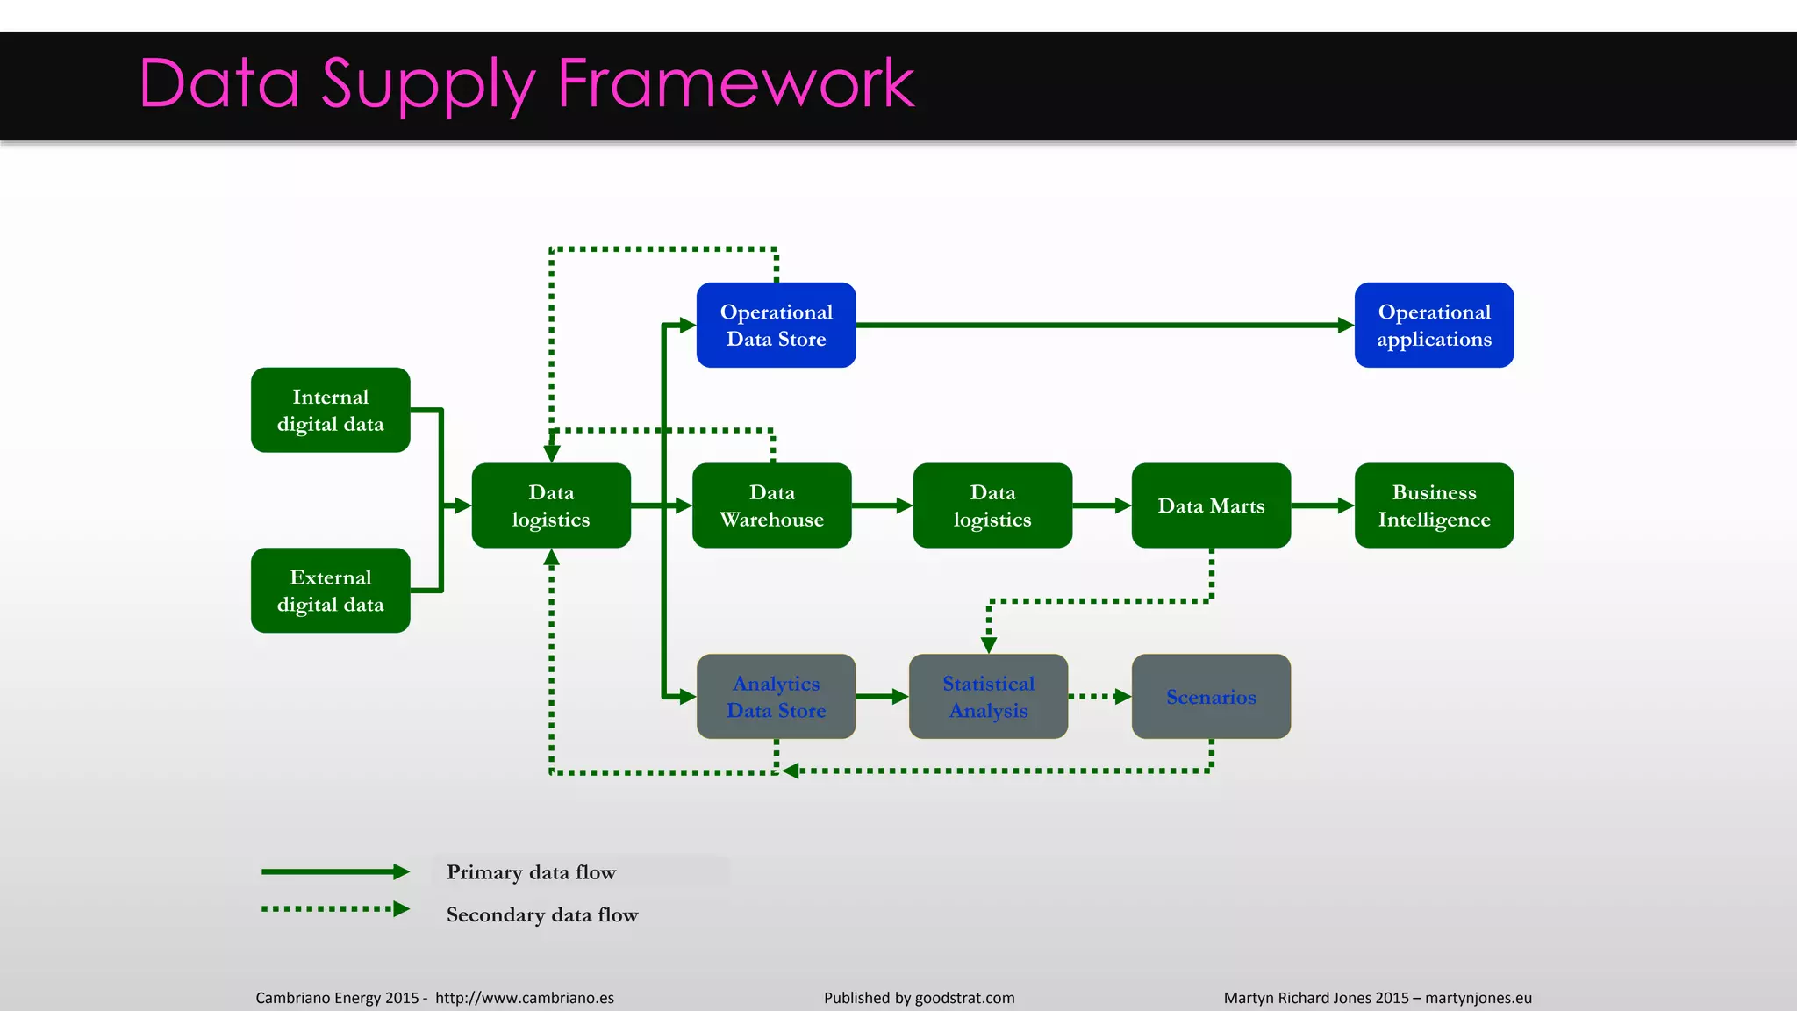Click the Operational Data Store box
[x=776, y=325]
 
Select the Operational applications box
[x=1434, y=325]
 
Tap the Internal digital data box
[x=330, y=410]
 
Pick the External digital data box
[x=330, y=591]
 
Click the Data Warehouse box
[x=771, y=505]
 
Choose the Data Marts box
[x=1211, y=505]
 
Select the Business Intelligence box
[x=1434, y=505]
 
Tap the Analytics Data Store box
[x=776, y=696]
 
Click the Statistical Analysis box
[x=988, y=696]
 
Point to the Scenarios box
[x=1211, y=696]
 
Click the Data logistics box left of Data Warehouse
[x=551, y=505]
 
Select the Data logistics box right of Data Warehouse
[x=992, y=505]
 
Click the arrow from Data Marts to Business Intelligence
[x=1322, y=505]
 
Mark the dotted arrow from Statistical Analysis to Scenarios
[x=1099, y=696]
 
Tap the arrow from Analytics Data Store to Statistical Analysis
[x=882, y=696]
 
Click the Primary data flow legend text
[x=531, y=872]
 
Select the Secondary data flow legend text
[x=542, y=914]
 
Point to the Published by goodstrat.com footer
[x=919, y=998]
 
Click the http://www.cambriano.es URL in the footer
[x=524, y=998]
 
